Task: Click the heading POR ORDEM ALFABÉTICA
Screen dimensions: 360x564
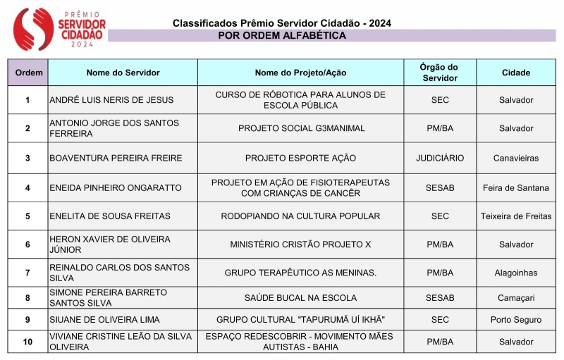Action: (282, 35)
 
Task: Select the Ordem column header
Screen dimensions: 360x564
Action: (28, 73)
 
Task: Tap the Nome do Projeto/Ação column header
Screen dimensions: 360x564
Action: (300, 73)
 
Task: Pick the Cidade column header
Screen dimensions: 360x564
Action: (516, 73)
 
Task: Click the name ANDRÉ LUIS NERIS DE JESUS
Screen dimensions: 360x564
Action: (111, 100)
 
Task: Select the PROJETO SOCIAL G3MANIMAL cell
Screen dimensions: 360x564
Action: (300, 128)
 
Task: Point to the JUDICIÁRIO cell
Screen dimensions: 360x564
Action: (440, 158)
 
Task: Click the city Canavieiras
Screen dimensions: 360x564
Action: (516, 158)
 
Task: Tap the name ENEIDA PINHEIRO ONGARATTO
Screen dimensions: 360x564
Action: (116, 187)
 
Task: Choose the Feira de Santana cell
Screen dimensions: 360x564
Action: (516, 187)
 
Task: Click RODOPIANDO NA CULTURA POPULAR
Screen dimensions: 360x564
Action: (300, 216)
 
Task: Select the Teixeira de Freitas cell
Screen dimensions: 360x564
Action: (516, 216)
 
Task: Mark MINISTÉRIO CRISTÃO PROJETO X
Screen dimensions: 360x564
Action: (300, 244)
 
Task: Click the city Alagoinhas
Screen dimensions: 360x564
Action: (516, 273)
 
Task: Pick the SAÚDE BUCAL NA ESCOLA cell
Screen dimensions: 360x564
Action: (300, 298)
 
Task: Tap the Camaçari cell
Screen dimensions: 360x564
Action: (516, 298)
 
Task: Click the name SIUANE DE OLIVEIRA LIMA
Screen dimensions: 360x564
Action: (104, 320)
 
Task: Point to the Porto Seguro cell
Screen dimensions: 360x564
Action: (516, 320)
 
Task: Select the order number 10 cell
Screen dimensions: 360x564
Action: (28, 342)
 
